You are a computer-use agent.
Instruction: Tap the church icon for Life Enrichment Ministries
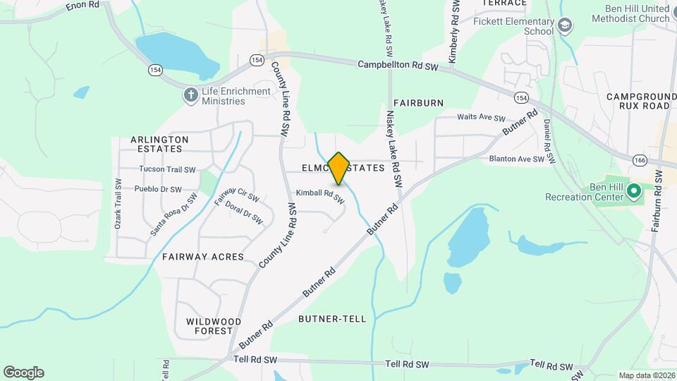tap(190, 96)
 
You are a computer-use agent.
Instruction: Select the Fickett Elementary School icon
tap(564, 27)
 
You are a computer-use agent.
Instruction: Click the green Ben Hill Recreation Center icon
tap(633, 190)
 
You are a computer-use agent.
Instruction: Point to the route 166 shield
tap(640, 159)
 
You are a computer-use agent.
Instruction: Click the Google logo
tap(23, 373)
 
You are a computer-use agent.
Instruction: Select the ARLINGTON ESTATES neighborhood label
tap(159, 144)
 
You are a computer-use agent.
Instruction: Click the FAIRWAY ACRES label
tap(203, 257)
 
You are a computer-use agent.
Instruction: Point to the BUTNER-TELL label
tap(332, 319)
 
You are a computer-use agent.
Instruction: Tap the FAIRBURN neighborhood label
tap(419, 103)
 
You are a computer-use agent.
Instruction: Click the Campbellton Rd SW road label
tap(398, 65)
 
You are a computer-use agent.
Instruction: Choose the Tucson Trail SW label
tap(167, 169)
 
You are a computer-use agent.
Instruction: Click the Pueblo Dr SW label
tap(158, 189)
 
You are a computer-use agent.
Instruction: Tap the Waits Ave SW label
tap(482, 118)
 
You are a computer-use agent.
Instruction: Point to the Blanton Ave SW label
tap(517, 159)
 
